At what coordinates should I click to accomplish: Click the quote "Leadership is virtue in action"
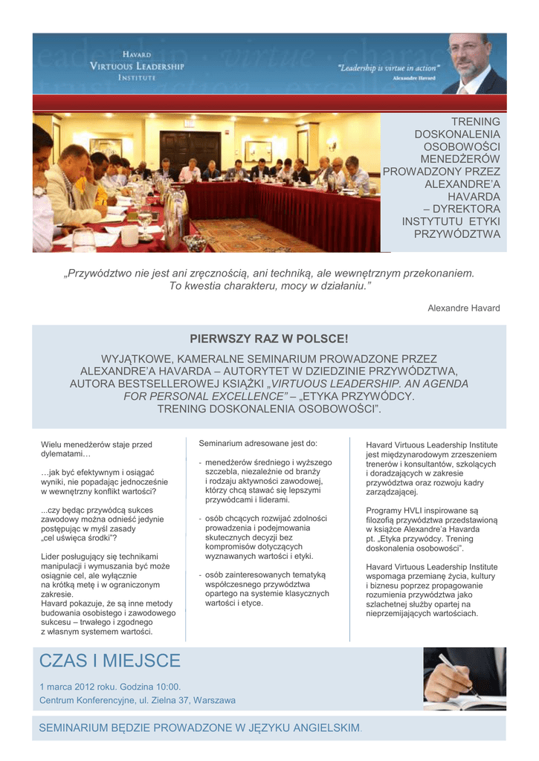[389, 67]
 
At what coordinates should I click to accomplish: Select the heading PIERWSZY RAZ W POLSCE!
[269, 339]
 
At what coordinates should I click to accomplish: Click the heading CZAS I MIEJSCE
[109, 661]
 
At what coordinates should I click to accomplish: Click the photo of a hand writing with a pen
[464, 679]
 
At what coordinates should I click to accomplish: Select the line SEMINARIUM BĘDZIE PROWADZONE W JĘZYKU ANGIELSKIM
[199, 728]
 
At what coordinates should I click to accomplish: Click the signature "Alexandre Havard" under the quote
[463, 308]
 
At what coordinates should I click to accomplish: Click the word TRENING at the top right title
[476, 121]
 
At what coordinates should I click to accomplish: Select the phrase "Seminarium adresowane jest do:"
[258, 444]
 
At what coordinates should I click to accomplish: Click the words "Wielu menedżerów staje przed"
[97, 445]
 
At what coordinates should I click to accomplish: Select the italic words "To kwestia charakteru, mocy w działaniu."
[269, 285]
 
